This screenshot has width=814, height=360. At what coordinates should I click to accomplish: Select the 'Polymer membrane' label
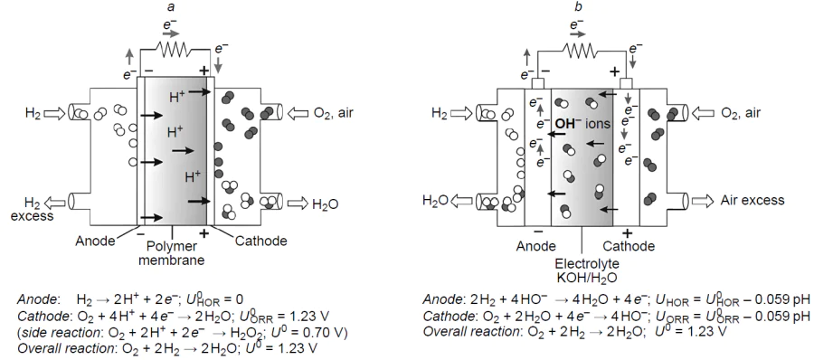click(x=171, y=255)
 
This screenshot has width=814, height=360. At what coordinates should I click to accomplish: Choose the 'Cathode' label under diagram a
click(x=260, y=240)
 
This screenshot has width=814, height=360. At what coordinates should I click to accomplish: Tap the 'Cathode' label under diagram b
click(x=629, y=245)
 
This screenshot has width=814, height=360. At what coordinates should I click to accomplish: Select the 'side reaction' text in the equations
click(x=59, y=331)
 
